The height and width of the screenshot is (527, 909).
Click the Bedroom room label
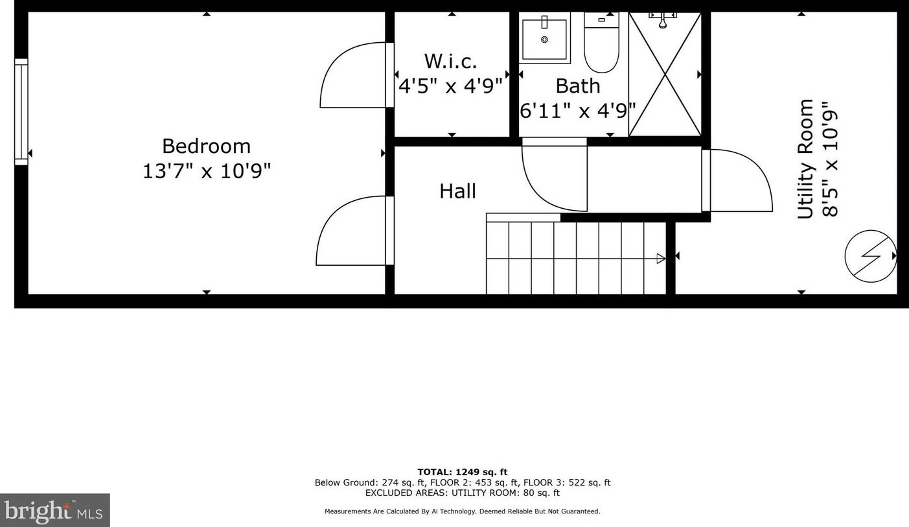tap(206, 146)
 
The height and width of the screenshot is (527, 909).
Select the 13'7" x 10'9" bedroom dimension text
tap(207, 171)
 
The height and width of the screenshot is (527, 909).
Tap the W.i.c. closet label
tap(450, 62)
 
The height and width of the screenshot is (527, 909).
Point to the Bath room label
tap(577, 86)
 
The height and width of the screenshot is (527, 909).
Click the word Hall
tap(457, 191)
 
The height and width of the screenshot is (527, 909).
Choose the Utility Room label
tap(805, 159)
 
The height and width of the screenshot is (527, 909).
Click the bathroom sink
tap(545, 38)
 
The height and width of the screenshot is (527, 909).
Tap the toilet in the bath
tap(601, 42)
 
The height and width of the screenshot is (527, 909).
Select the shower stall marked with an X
tap(665, 75)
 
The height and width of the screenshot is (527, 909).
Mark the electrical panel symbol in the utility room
tap(871, 256)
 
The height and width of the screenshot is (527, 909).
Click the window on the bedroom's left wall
tap(21, 112)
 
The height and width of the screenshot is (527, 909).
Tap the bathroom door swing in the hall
tap(555, 174)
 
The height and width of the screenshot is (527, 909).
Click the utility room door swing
tap(737, 181)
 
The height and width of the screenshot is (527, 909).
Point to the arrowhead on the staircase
tap(661, 258)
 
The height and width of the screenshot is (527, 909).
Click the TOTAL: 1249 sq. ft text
tap(463, 472)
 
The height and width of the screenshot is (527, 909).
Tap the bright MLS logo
tap(55, 510)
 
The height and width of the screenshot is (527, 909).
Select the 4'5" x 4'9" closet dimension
tap(451, 86)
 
